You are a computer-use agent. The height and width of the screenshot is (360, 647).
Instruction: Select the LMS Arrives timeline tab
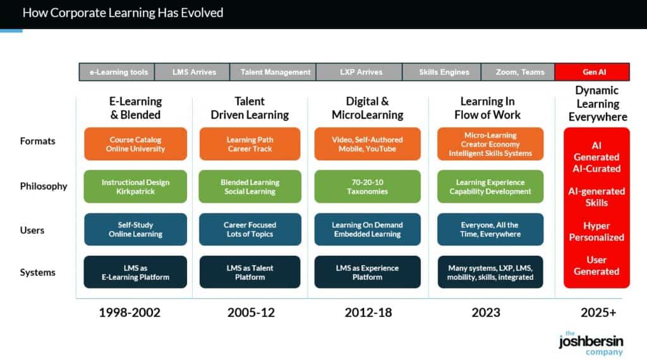[x=194, y=72]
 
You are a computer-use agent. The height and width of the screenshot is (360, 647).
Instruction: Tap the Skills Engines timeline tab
[x=444, y=72]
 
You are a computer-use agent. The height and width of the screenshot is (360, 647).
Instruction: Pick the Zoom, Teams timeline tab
[x=519, y=72]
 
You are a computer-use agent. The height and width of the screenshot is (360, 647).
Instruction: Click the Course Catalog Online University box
[x=136, y=144]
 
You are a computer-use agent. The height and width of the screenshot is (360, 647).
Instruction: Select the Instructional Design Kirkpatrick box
[x=136, y=186]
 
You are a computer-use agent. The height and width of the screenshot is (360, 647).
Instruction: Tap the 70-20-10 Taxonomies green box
[x=366, y=186]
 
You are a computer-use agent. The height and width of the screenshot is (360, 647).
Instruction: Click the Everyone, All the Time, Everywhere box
[x=490, y=229]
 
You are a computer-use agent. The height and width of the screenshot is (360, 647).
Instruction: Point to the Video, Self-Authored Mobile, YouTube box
[x=366, y=144]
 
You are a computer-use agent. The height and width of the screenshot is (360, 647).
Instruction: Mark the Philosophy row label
[x=43, y=186]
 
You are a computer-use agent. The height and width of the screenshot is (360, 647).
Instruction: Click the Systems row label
[x=37, y=272]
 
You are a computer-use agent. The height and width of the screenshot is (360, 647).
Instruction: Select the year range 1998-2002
[x=130, y=313]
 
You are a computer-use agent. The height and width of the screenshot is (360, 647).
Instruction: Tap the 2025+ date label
[x=598, y=313]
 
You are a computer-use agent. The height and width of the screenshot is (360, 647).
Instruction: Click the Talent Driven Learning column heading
[x=250, y=108]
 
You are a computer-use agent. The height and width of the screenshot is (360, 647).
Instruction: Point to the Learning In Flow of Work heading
[x=487, y=108]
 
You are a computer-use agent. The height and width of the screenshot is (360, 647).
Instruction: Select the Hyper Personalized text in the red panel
[x=596, y=231]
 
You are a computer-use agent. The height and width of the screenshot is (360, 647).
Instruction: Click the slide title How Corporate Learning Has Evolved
[x=123, y=13]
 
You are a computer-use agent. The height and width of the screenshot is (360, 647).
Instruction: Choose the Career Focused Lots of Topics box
[x=250, y=229]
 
